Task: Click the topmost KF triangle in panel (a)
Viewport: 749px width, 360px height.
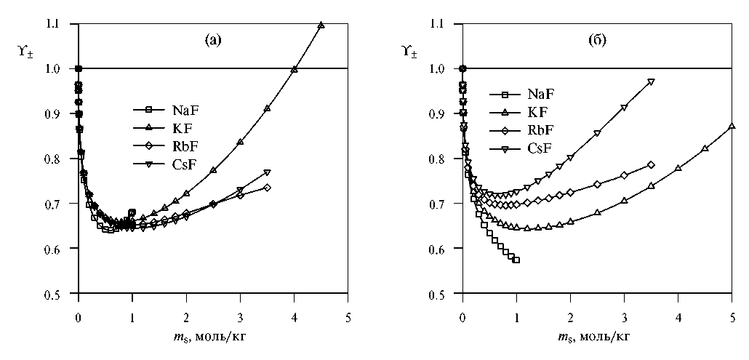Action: tap(321, 25)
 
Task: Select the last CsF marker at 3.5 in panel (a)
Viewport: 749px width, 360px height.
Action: tap(268, 172)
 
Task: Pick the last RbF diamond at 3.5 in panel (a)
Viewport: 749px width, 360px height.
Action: tap(268, 188)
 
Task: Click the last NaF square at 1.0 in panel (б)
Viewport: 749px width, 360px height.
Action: tap(516, 260)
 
